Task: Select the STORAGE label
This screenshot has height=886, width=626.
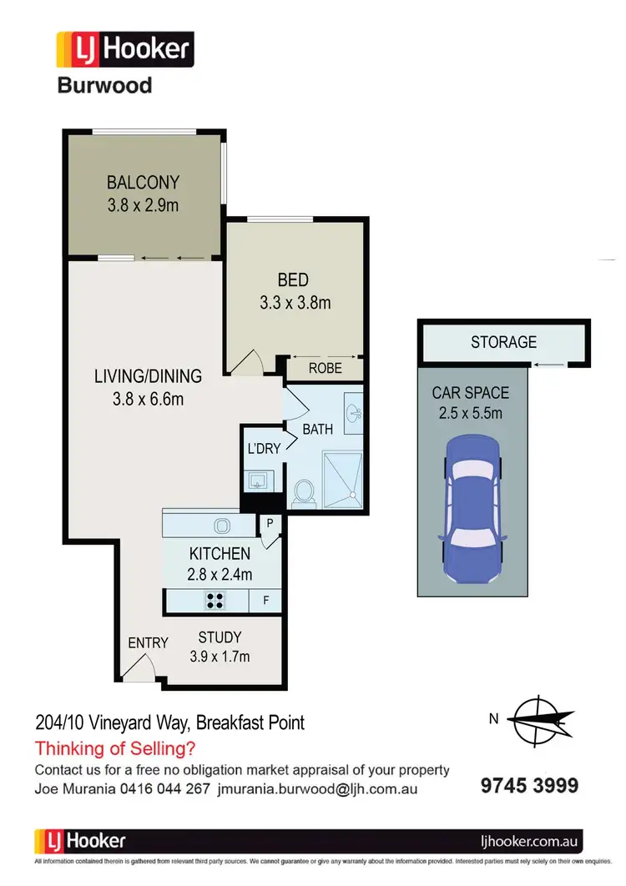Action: [503, 342]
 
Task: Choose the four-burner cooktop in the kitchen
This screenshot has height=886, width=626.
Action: [215, 598]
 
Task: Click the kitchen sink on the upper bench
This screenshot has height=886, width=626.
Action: [223, 525]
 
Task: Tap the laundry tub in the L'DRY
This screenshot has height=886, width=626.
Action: [256, 479]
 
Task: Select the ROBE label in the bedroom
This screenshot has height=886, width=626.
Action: [325, 367]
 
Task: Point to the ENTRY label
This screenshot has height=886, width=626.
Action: [148, 642]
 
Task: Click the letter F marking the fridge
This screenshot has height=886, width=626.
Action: [265, 598]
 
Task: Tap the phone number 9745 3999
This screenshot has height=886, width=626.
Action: [529, 785]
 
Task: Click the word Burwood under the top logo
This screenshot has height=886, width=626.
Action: [103, 85]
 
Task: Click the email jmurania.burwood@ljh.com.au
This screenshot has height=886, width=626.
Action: [317, 788]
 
